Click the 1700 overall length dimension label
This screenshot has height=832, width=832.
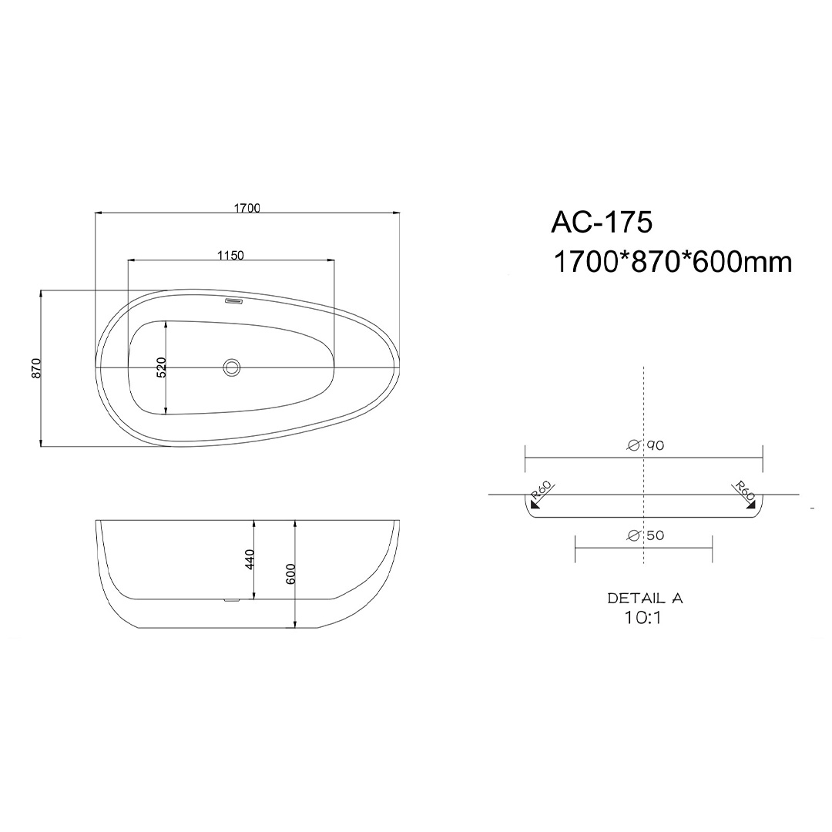click(x=247, y=208)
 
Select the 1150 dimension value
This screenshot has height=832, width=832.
click(x=231, y=255)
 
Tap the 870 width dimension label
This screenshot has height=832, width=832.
click(x=36, y=368)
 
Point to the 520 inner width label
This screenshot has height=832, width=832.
click(x=162, y=367)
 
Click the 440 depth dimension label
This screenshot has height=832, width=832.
click(x=250, y=559)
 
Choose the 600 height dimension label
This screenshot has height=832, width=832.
click(x=290, y=574)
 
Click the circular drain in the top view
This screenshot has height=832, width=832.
click(x=233, y=367)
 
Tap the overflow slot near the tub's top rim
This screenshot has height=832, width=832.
click(x=234, y=301)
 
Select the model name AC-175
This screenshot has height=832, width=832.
click(x=602, y=222)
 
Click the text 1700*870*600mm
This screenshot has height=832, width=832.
click(x=673, y=262)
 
